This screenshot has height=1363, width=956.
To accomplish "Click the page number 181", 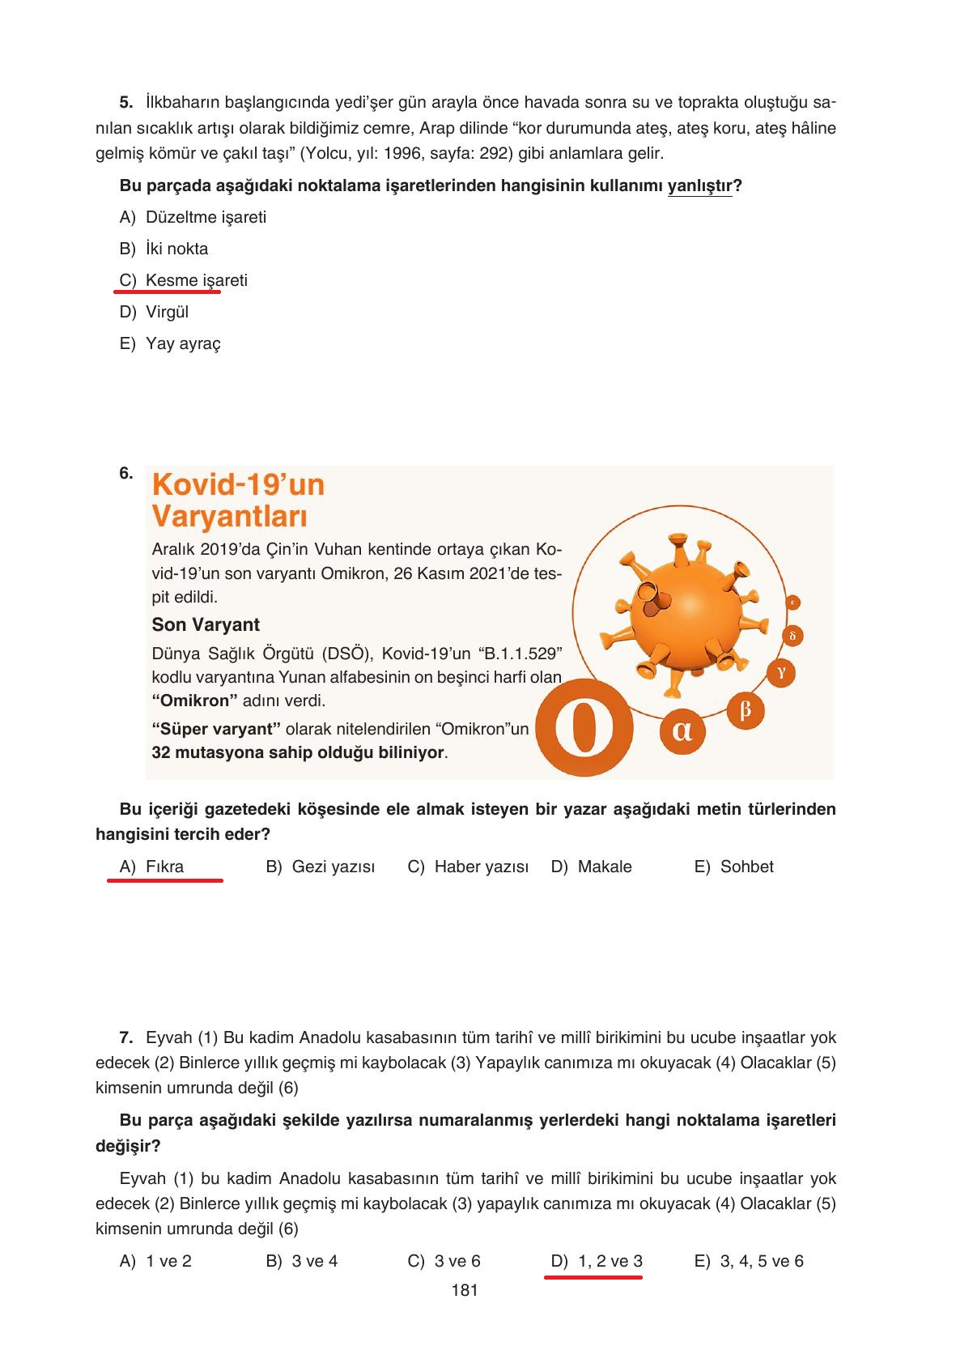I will tap(465, 1291).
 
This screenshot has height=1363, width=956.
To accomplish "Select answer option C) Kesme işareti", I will tap(184, 280).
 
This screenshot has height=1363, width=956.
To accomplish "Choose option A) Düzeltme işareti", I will tap(193, 217).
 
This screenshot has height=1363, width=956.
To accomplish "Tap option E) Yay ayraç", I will tap(170, 343).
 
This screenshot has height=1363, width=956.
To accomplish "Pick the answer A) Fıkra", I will tap(152, 867).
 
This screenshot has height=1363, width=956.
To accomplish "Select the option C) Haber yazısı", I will tap(468, 867).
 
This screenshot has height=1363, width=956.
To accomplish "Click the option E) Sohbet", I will tap(733, 867).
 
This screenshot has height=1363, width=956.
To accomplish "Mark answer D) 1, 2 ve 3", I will tap(597, 1261).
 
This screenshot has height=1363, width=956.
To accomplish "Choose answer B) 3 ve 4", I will tap(301, 1261).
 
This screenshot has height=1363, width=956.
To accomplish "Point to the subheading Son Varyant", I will tap(206, 624).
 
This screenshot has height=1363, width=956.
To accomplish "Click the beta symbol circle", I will tap(746, 710).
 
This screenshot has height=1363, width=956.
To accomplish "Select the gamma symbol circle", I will tap(781, 672).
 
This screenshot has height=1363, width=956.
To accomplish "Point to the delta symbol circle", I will tap(792, 636).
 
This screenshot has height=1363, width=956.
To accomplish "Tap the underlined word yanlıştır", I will tap(699, 186).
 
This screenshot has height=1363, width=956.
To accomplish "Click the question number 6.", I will tap(126, 474).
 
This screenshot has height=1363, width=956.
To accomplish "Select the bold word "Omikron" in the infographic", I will tap(193, 701).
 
